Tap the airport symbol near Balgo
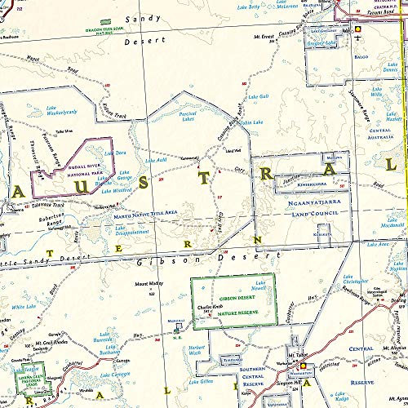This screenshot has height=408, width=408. [x=357, y=29]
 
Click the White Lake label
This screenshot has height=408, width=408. [x=24, y=308]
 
